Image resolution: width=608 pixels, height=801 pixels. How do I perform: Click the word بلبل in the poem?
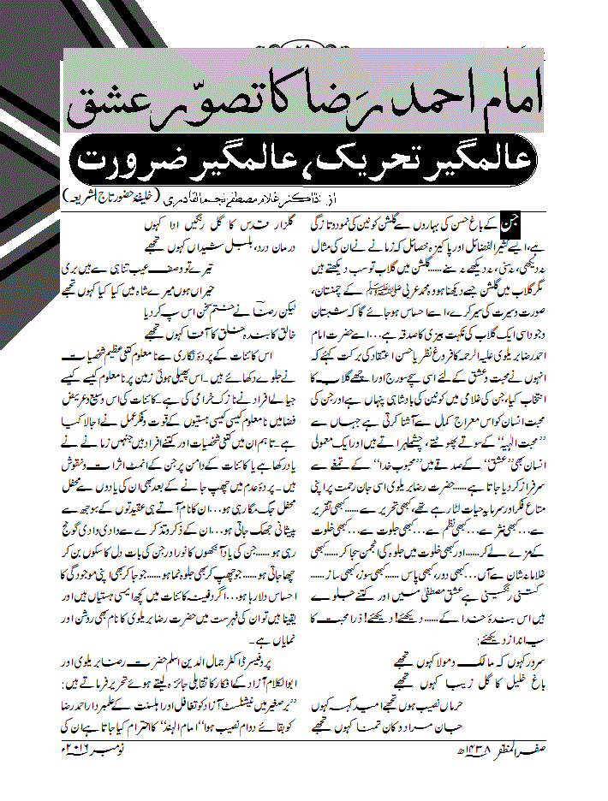click(x=221, y=243)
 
